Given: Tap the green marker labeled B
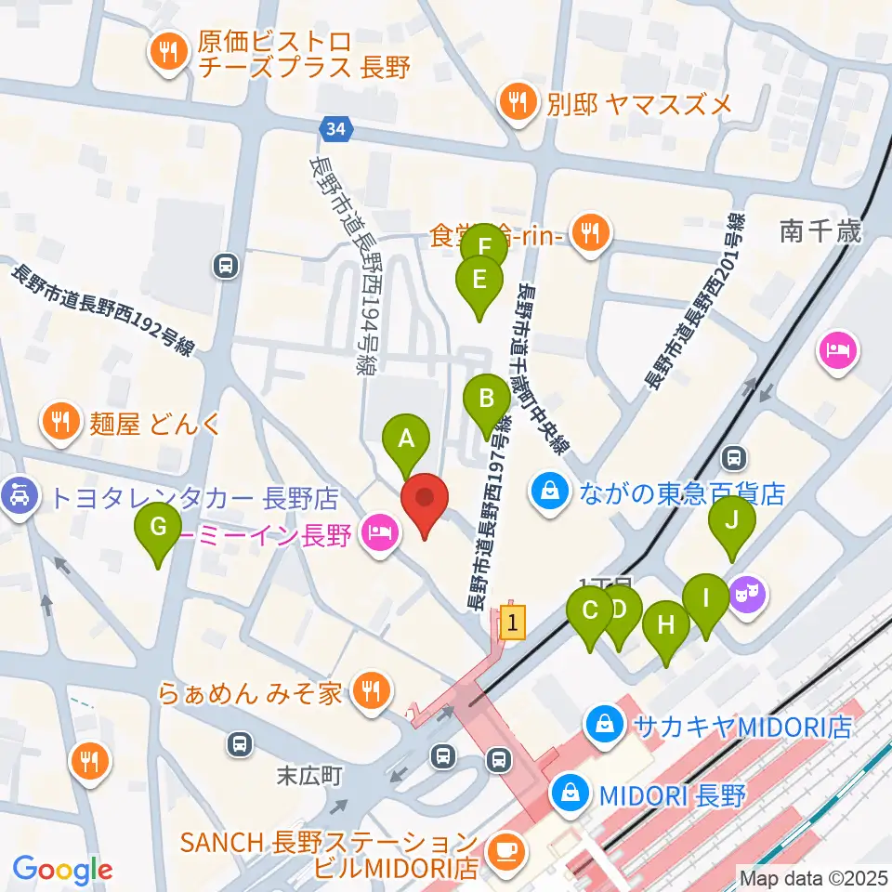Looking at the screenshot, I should (486, 400).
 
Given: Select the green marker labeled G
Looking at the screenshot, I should (159, 528).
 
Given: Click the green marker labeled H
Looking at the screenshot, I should (666, 625).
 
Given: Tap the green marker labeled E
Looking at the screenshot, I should (479, 281).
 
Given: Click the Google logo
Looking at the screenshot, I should (62, 870).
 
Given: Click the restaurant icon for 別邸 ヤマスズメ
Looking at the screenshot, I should (516, 101).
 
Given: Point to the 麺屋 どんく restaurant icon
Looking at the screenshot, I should (60, 423).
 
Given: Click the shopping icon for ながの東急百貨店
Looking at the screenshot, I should (550, 490).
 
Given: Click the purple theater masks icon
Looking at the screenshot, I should (747, 591).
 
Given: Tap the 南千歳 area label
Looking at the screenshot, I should (820, 231).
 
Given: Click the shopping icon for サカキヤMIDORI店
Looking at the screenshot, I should (605, 725).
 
